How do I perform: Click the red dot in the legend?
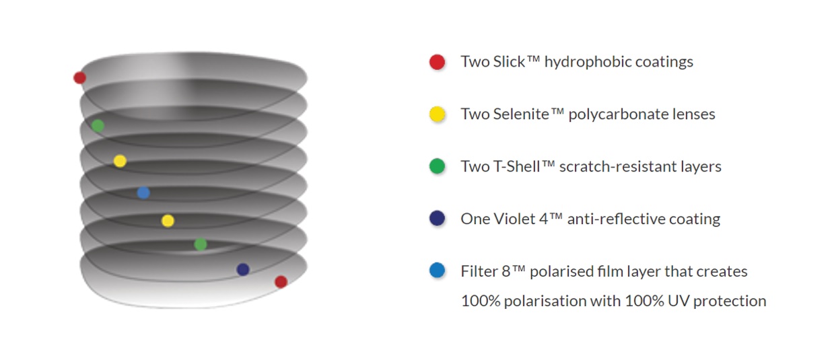(437, 62)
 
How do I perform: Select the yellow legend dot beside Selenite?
(437, 114)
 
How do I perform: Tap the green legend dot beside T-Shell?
(437, 166)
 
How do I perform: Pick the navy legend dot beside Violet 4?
(437, 219)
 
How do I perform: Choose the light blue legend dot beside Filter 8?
(437, 271)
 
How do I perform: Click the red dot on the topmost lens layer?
(79, 77)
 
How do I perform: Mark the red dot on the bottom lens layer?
(281, 282)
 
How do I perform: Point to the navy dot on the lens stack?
(243, 269)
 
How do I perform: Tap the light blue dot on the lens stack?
(143, 192)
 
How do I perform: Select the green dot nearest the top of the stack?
(98, 126)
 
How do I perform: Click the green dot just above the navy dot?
(201, 244)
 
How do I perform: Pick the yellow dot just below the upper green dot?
(120, 161)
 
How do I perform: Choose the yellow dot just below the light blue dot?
(168, 221)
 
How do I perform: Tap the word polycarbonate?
(618, 114)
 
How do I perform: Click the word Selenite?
(521, 114)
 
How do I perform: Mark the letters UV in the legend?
(679, 301)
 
